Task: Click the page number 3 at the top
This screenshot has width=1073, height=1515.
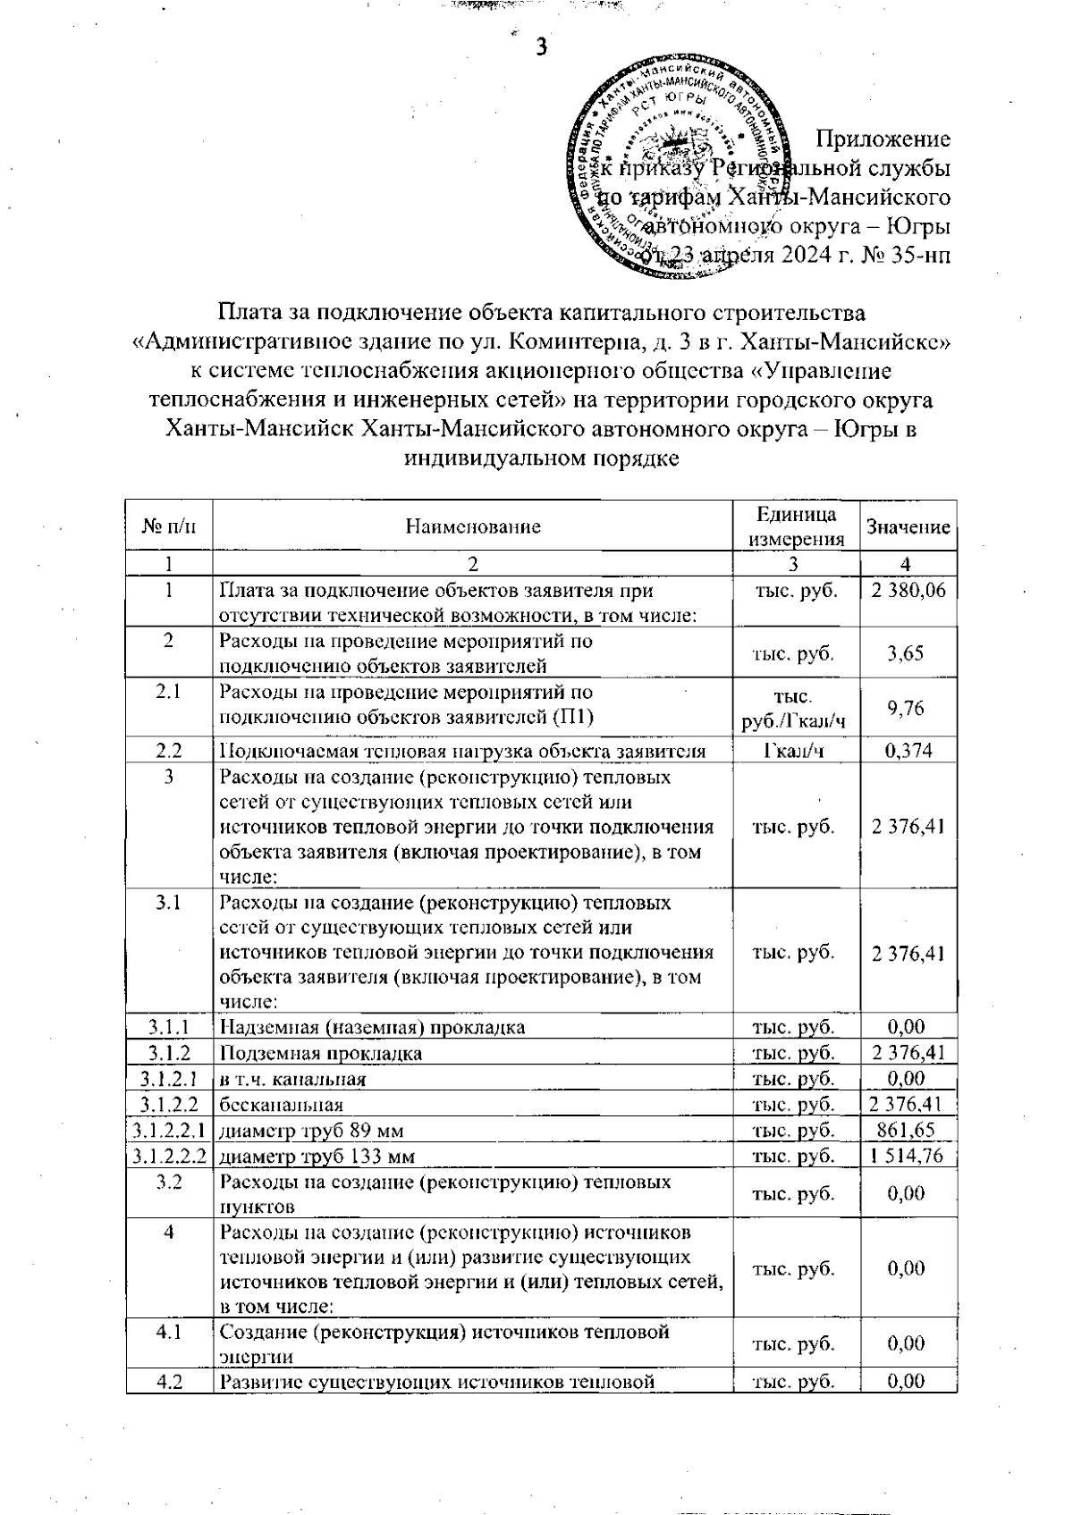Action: pyautogui.click(x=540, y=46)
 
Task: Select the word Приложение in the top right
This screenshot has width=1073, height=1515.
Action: pyautogui.click(x=883, y=139)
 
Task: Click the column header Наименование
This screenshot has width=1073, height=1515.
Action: pyautogui.click(x=473, y=526)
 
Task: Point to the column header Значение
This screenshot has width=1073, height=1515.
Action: pyautogui.click(x=908, y=527)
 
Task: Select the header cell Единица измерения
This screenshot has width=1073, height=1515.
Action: pyautogui.click(x=796, y=526)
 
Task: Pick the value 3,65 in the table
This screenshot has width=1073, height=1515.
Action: pyautogui.click(x=906, y=653)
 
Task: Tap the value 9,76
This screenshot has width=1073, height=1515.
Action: pyautogui.click(x=906, y=709)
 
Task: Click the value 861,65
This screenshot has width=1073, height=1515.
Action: pyautogui.click(x=907, y=1131)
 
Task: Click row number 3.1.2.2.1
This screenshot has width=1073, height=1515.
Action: pyautogui.click(x=169, y=1131)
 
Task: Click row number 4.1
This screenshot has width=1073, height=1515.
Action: pyautogui.click(x=169, y=1333)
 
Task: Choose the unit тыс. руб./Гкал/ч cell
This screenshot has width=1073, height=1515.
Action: pyautogui.click(x=795, y=709)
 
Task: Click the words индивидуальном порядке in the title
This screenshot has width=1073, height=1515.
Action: pyautogui.click(x=541, y=459)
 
